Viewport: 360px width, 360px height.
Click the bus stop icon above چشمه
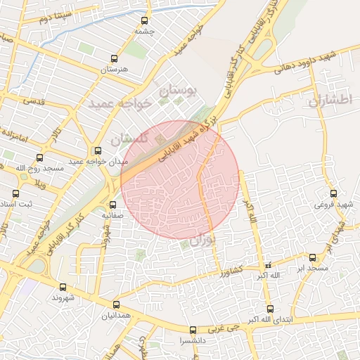[x=145, y=21]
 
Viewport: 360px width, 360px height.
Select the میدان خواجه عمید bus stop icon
[x=98, y=150]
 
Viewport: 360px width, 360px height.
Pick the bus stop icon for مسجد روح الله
[x=39, y=157]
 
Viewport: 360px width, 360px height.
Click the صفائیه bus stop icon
[x=112, y=205]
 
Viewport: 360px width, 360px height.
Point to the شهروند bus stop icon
[x=63, y=287]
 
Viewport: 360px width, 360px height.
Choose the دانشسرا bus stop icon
[x=193, y=330]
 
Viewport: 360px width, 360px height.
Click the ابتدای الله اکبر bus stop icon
[x=270, y=309]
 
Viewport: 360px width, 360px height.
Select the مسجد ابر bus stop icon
[x=312, y=258]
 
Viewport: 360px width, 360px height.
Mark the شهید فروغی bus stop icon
[x=333, y=193]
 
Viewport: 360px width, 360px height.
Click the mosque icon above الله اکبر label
[x=266, y=265]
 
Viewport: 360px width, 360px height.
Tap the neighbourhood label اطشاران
[x=328, y=100]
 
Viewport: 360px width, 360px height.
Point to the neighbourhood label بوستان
[x=181, y=90]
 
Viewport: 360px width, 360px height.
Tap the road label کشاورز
[x=229, y=270]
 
